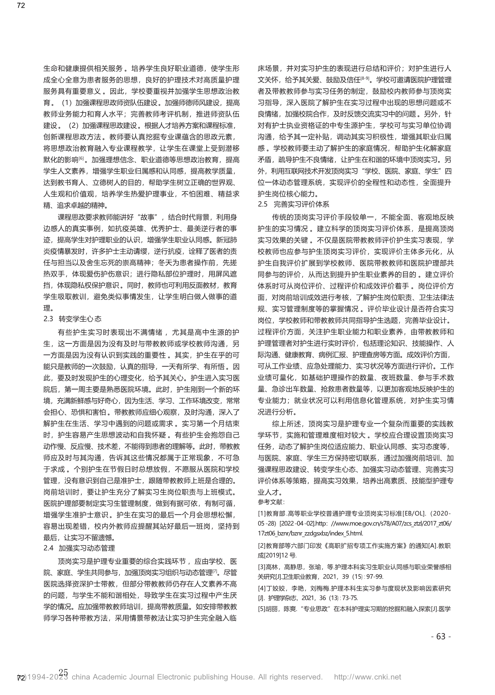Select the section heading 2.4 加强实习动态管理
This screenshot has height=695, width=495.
click(x=79, y=548)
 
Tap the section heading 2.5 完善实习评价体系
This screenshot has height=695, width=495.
click(x=294, y=204)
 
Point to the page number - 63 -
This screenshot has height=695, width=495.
click(x=441, y=637)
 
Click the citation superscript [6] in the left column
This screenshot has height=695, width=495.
click(x=82, y=159)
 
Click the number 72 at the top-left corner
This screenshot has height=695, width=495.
click(x=10, y=5)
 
